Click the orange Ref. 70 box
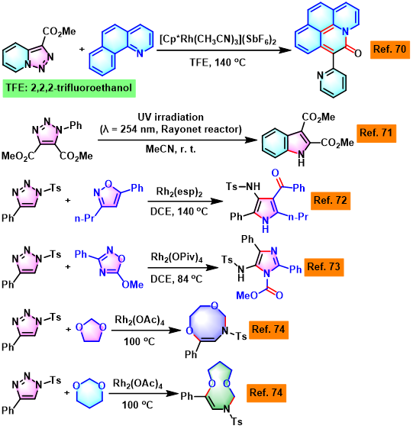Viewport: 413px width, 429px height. [390, 50]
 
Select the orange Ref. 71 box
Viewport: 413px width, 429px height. [376, 134]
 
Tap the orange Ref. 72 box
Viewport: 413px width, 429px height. [331, 201]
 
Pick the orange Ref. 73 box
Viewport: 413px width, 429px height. [324, 267]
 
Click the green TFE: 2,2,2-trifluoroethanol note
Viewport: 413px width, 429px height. [69, 88]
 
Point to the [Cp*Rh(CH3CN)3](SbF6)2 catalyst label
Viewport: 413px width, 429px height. [218, 40]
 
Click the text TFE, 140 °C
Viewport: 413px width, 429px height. [218, 63]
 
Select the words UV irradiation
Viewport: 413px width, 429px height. [171, 117]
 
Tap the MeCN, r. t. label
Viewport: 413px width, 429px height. [171, 149]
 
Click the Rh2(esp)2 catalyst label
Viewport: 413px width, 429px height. [179, 192]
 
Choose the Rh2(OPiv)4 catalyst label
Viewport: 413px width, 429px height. [177, 258]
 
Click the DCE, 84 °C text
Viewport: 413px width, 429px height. [176, 279]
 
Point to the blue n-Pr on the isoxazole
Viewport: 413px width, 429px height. [84, 218]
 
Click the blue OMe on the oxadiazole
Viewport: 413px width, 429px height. [133, 285]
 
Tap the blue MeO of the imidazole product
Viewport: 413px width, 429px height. [247, 295]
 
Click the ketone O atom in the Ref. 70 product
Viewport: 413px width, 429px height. [358, 53]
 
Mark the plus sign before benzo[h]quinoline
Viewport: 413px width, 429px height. [82, 50]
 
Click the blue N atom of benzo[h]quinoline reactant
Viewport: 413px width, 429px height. [140, 53]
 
